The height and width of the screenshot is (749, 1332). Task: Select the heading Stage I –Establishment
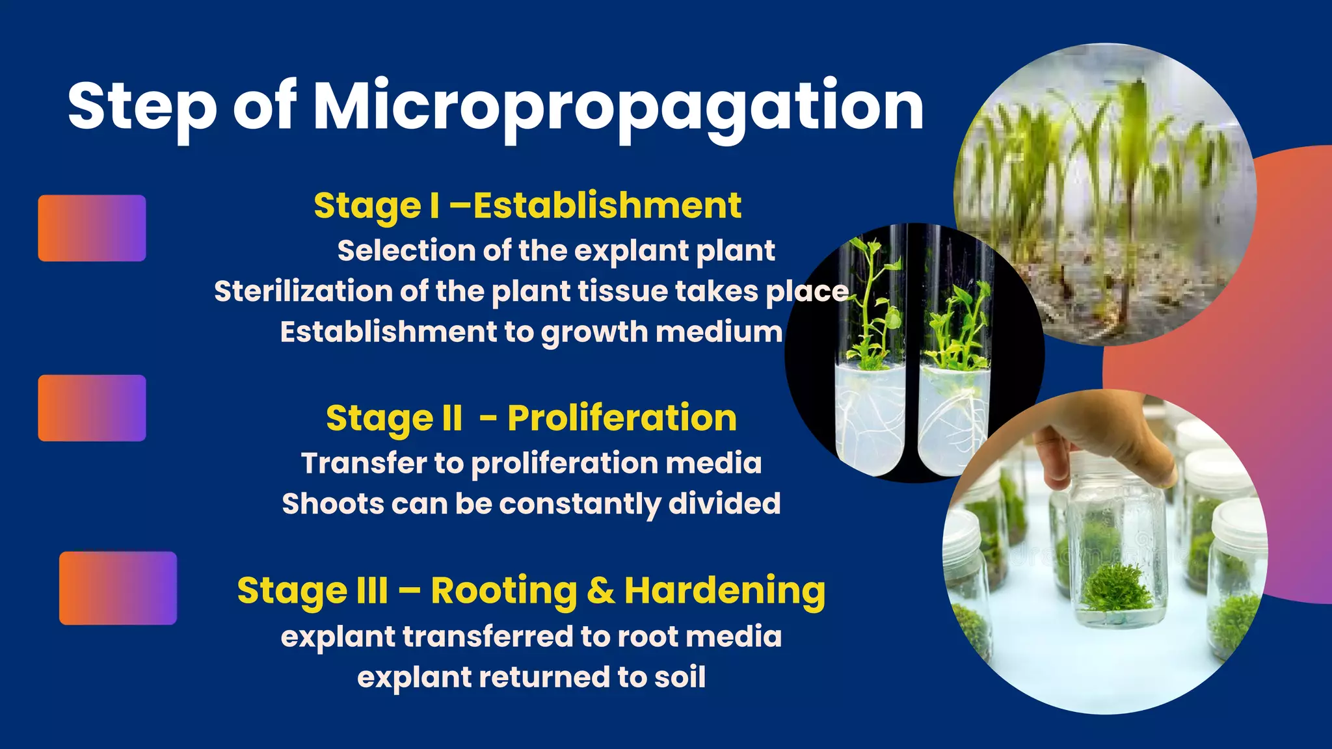point(527,206)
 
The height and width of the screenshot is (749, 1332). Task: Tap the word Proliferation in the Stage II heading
point(622,417)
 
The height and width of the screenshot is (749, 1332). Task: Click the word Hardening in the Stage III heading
point(725,590)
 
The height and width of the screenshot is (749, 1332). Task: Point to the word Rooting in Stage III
point(503,590)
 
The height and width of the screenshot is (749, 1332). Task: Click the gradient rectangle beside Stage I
point(92,228)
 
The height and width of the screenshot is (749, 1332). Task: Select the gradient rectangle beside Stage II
point(92,408)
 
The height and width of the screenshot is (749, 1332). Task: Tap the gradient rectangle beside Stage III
point(118,588)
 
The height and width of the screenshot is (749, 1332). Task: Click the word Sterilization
point(302,291)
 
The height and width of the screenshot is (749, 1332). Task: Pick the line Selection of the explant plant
point(556,251)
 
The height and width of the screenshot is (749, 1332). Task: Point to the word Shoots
point(332,504)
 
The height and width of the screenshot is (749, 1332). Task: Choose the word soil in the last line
point(680,677)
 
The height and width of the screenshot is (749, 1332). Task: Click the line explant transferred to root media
point(531,637)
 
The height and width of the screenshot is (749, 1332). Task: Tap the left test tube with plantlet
point(870,364)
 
